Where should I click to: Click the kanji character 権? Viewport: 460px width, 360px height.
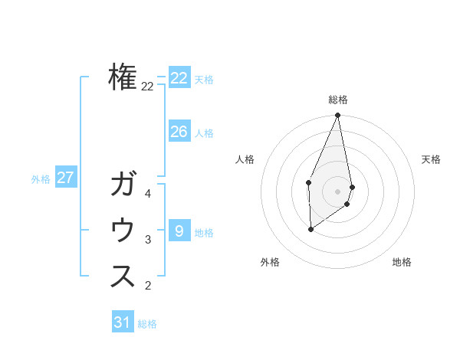[x=123, y=77]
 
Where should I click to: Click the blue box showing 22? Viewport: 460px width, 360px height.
[x=179, y=78]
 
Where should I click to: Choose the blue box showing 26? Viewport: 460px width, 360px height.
[x=179, y=132]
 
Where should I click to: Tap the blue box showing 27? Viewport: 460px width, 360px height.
[x=65, y=178]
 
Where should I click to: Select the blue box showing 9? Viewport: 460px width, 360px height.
[x=179, y=231]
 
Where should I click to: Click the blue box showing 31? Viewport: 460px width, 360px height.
[x=123, y=322]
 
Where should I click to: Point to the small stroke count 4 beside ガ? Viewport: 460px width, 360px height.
[x=148, y=194]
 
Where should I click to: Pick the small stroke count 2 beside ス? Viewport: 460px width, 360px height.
[x=148, y=286]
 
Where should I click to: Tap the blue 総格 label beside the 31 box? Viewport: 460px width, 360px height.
[x=147, y=324]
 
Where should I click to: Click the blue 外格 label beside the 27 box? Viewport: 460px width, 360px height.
[x=41, y=179]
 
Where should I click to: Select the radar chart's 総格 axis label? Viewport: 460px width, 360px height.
[x=337, y=100]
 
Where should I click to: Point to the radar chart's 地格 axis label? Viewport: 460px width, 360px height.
[x=402, y=262]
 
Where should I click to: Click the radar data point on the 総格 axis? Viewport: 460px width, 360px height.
[x=337, y=116]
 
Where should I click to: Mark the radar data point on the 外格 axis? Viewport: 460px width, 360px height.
[x=310, y=229]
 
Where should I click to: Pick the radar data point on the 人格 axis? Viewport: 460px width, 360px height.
[x=308, y=182]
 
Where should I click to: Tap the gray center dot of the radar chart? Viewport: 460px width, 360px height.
[x=337, y=191]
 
